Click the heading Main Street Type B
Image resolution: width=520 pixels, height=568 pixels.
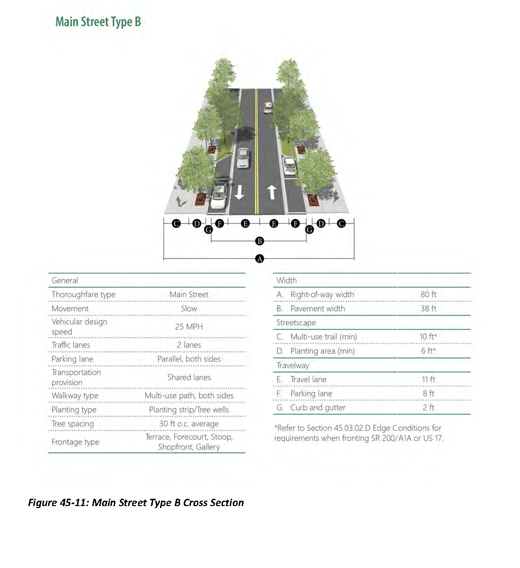click(x=98, y=22)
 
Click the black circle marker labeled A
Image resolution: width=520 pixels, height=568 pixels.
click(x=260, y=258)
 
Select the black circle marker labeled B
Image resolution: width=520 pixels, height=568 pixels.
click(x=260, y=241)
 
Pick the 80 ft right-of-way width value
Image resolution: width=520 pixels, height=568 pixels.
click(x=428, y=294)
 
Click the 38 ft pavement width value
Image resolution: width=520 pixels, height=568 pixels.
click(x=428, y=309)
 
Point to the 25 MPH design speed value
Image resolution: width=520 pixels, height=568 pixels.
click(x=189, y=327)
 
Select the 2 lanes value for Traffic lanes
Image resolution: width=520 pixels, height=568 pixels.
click(x=189, y=345)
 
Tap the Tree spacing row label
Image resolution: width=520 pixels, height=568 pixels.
click(x=73, y=424)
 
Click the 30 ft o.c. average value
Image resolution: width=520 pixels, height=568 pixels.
click(x=189, y=424)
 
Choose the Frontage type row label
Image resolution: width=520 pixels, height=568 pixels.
click(x=75, y=442)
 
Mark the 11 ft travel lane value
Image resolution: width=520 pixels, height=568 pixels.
click(x=428, y=379)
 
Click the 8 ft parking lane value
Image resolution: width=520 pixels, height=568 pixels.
click(x=428, y=394)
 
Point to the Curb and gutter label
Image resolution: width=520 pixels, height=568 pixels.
click(x=318, y=407)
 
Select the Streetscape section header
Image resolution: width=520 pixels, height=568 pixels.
click(x=296, y=323)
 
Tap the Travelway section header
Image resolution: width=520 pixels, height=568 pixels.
click(x=293, y=365)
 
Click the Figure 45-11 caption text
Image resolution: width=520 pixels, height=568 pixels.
click(x=136, y=503)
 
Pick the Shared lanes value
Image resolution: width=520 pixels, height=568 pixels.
click(x=189, y=377)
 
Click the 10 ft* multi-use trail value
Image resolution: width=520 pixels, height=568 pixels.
click(x=428, y=337)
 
